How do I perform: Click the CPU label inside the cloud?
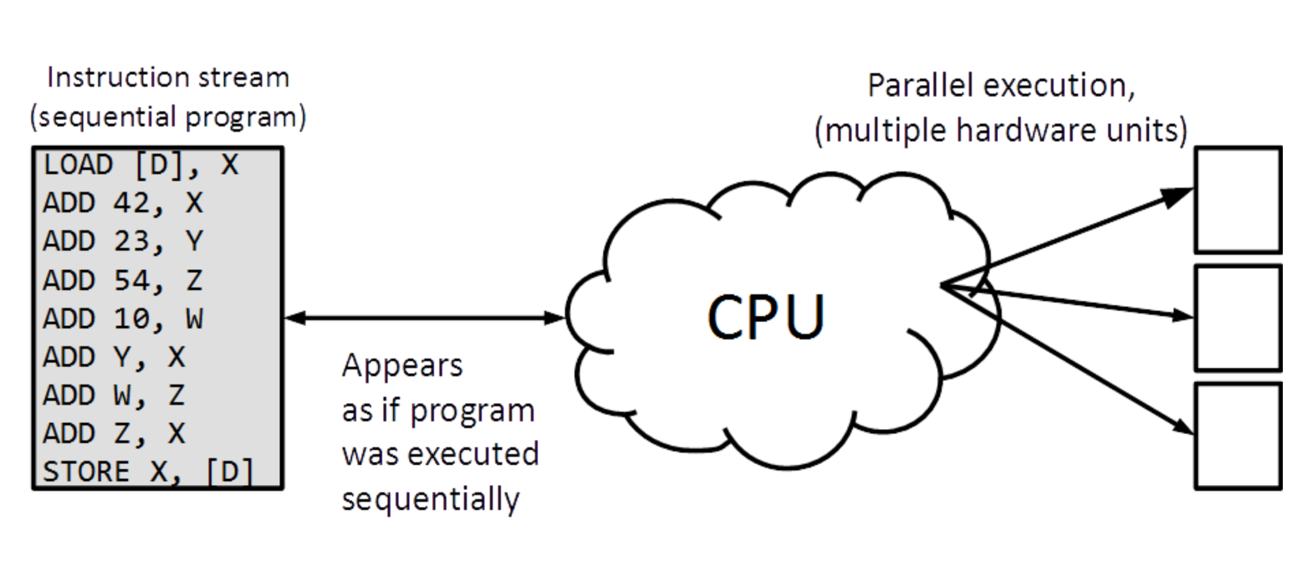point(765,315)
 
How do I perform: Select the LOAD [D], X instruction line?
point(140,165)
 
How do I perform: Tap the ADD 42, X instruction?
point(123,203)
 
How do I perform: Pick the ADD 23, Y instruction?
point(123,242)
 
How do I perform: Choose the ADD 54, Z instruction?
point(123,280)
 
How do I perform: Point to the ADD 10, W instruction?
point(123,319)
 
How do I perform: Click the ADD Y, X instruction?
point(114,357)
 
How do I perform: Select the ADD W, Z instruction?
point(114,396)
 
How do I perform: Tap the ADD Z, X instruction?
point(114,434)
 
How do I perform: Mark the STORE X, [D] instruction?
point(149,472)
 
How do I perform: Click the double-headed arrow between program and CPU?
point(425,318)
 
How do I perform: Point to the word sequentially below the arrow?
point(431,499)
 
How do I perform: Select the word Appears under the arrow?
point(401,367)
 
